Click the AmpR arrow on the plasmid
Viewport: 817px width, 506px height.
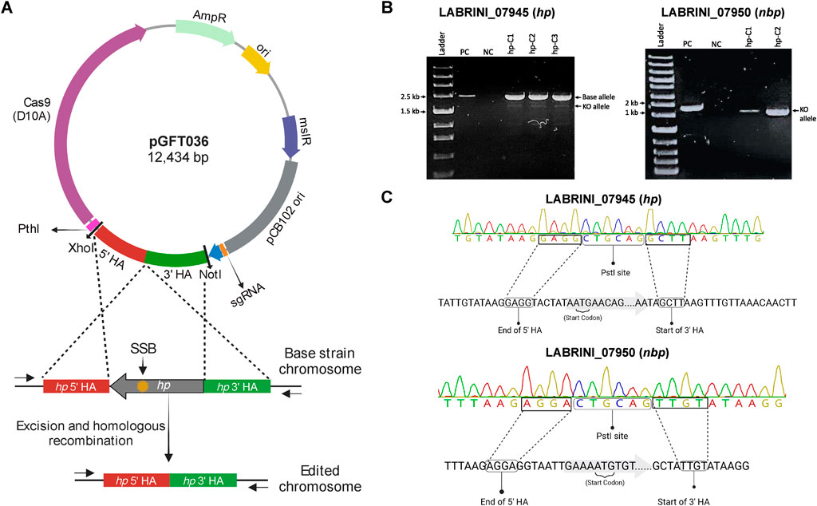point(202,32)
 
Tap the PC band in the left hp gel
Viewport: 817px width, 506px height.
point(469,97)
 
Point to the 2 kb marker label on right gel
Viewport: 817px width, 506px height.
point(630,103)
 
